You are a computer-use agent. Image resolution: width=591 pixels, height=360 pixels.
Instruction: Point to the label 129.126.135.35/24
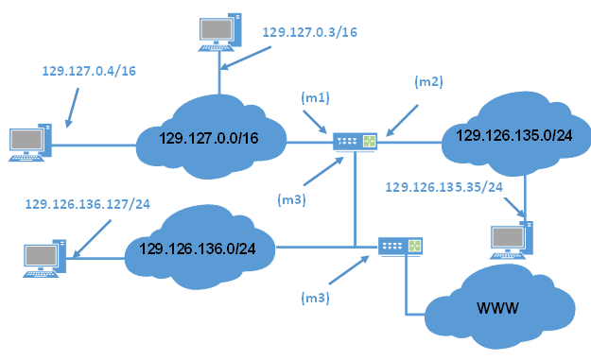[443, 187]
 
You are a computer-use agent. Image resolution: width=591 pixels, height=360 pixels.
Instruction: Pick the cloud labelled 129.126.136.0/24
[199, 249]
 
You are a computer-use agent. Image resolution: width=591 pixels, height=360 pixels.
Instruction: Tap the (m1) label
[314, 99]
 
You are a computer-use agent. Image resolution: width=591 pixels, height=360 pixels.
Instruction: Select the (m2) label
[428, 82]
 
